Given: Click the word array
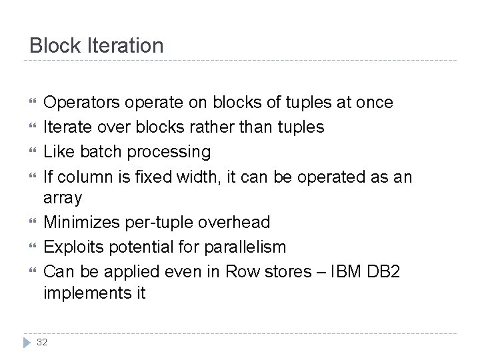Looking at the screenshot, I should pos(63,197).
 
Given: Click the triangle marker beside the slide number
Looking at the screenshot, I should pos(29,341).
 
